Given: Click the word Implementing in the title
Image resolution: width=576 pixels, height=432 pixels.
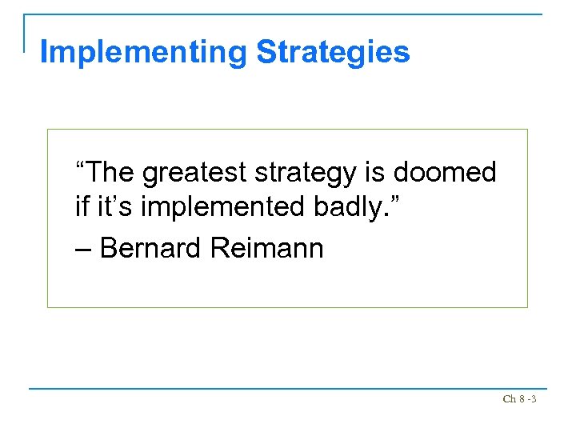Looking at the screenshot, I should tap(144, 53).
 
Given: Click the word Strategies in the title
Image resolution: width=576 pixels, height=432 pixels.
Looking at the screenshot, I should tap(333, 53).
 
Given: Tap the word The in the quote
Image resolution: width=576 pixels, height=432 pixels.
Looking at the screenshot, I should tap(110, 172).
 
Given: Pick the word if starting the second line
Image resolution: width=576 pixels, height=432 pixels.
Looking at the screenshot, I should tap(81, 208).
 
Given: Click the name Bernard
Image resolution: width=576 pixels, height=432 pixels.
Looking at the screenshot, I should tap(152, 248).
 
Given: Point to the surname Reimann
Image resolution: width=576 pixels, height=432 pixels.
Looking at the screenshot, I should tap(267, 248).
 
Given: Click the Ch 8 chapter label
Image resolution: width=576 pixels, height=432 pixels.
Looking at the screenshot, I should tap(514, 399).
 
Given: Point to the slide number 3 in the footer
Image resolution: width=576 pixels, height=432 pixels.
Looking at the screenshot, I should tap(533, 399).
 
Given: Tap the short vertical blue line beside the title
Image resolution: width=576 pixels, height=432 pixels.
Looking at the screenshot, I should tap(25, 32).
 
